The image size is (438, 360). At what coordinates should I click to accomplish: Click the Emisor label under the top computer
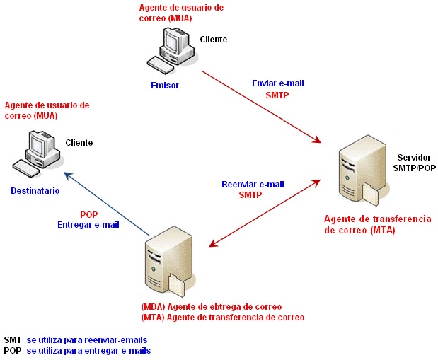tap(165, 85)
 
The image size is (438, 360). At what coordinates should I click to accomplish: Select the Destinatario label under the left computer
tap(35, 191)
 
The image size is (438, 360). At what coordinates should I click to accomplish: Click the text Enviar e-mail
tap(277, 83)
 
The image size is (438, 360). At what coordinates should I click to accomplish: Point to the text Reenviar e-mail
tap(253, 184)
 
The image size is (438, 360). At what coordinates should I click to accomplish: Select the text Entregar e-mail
tap(88, 225)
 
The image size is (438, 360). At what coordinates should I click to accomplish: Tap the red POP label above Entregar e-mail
tap(88, 214)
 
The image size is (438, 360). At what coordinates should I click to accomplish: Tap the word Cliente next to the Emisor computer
tap(214, 40)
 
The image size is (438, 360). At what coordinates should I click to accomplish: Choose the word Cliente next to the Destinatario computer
tap(79, 143)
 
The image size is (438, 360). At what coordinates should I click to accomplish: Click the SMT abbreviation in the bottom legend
tap(12, 340)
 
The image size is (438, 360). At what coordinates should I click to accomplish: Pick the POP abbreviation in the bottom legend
tap(12, 351)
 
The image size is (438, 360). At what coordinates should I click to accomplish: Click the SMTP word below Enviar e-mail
tap(277, 95)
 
